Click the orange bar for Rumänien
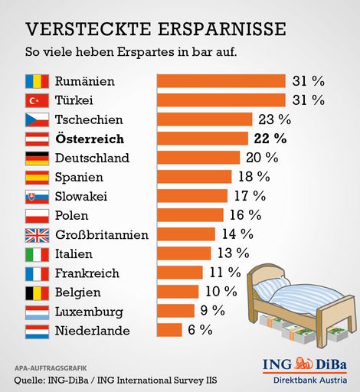[221, 81]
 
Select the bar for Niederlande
[169, 330]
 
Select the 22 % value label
[269, 139]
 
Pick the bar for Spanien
[195, 177]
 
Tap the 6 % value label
[199, 330]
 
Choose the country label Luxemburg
[88, 311]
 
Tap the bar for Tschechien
[205, 119]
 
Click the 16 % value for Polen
[244, 215]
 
